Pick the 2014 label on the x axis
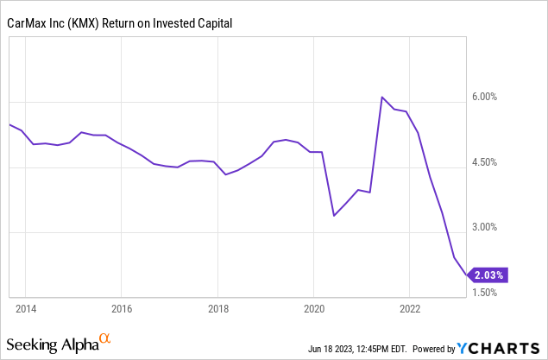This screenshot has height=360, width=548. (25, 309)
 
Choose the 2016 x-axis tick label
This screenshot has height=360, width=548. (122, 309)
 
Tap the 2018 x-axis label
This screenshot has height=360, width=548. (217, 309)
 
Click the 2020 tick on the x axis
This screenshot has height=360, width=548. (314, 309)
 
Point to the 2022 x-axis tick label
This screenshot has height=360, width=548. (411, 309)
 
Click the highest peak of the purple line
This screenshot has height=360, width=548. (382, 98)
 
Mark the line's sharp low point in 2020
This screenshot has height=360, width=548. (334, 215)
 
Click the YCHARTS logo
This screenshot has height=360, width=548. (501, 348)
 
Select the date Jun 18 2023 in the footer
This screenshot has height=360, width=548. (340, 349)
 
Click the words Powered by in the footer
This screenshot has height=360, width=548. (432, 349)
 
